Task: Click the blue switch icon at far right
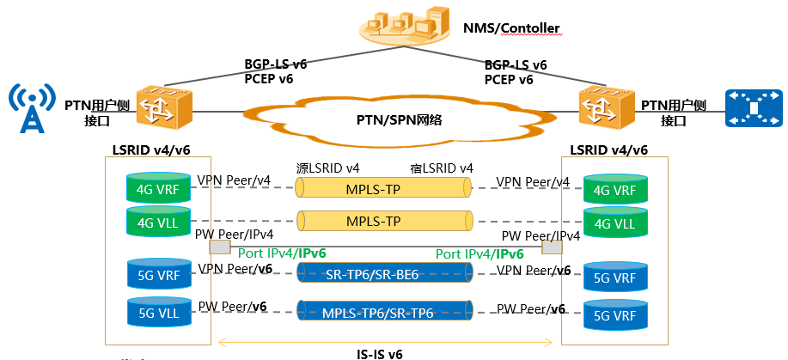tap(754, 108)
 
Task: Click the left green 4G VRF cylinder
tap(156, 188)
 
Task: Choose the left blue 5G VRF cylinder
tap(156, 272)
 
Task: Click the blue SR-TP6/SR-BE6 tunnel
tap(384, 272)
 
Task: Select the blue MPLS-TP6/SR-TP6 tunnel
tap(384, 310)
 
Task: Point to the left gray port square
tap(220, 247)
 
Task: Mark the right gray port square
tap(552, 247)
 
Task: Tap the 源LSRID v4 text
tap(327, 168)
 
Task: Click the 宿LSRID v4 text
tap(441, 168)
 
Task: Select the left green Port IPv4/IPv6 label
tap(282, 253)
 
